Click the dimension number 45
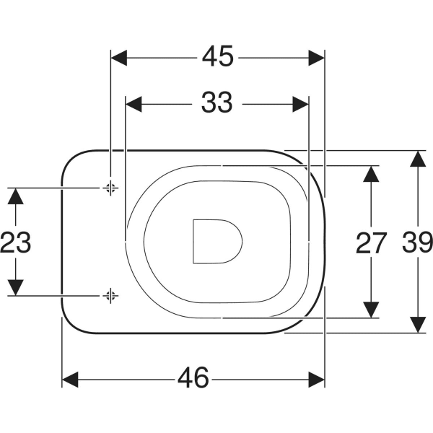(x=218, y=56)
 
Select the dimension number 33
(x=217, y=102)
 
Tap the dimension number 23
(x=15, y=242)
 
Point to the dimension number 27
(x=370, y=243)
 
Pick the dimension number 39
(x=417, y=242)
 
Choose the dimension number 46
(x=193, y=377)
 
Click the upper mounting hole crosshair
(x=110, y=188)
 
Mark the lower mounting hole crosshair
(x=110, y=296)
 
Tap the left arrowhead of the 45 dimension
(x=119, y=58)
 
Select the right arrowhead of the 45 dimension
(x=317, y=58)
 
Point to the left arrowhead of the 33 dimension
(x=134, y=105)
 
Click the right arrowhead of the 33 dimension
(x=300, y=105)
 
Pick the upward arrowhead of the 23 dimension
(x=15, y=196)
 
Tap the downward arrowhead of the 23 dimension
(x=15, y=288)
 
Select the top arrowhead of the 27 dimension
(x=371, y=174)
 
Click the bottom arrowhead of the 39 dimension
(x=418, y=325)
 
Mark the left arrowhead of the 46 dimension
(x=70, y=380)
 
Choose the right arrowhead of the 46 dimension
(x=317, y=380)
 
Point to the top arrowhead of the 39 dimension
(x=418, y=159)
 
